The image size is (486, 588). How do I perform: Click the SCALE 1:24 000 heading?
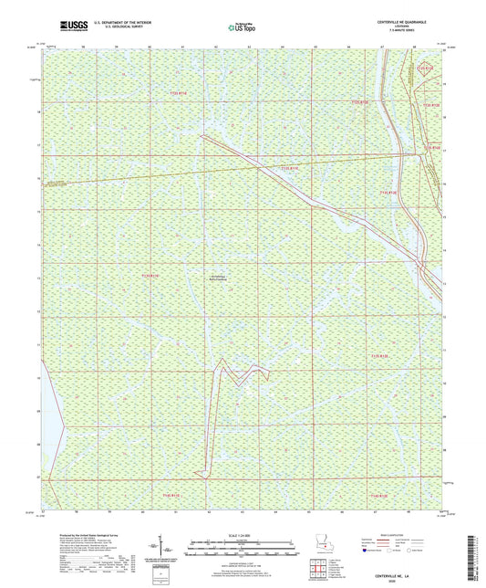[x=242, y=534]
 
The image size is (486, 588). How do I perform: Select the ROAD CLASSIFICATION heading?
[x=396, y=534]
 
